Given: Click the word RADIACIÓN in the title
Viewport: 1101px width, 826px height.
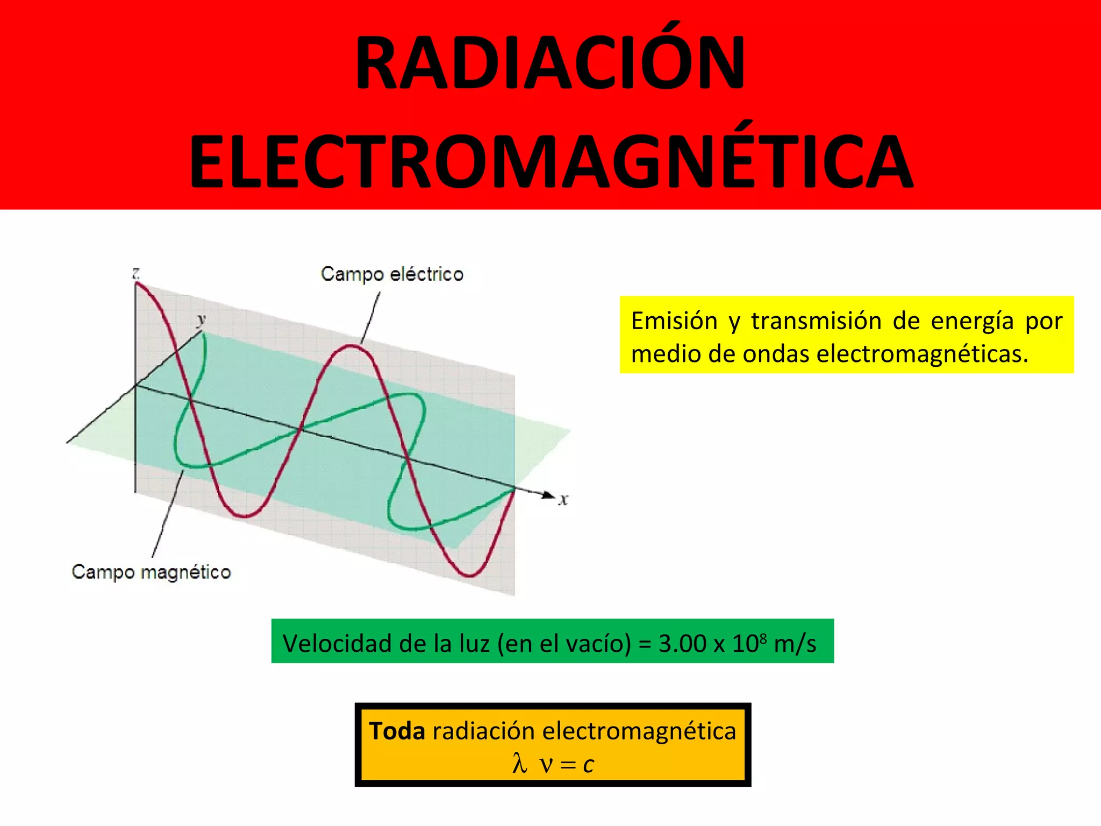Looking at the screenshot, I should tap(550, 63).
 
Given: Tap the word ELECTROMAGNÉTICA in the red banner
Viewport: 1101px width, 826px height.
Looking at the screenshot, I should tap(550, 161).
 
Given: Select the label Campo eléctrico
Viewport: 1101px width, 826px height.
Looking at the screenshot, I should tap(392, 274).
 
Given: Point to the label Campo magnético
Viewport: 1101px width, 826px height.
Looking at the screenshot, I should tap(151, 572).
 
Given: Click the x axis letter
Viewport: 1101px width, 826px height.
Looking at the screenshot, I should tap(563, 500).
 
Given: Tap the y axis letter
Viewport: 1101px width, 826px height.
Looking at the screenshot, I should tap(201, 319).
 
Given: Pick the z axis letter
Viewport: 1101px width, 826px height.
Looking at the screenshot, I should tap(136, 273).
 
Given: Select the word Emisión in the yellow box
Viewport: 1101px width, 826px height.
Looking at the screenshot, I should tap(674, 321).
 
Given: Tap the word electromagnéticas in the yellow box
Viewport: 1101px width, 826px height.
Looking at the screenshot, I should tap(922, 354).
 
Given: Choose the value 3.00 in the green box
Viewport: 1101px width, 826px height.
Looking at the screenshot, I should tap(682, 644).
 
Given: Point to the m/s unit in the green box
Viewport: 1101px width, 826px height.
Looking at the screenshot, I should tap(795, 644).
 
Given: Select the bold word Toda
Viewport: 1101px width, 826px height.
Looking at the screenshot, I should tap(397, 731).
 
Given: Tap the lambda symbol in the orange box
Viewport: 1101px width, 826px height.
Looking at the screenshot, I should tap(519, 764).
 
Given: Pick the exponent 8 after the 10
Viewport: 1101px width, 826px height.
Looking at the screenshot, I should tap(763, 637).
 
